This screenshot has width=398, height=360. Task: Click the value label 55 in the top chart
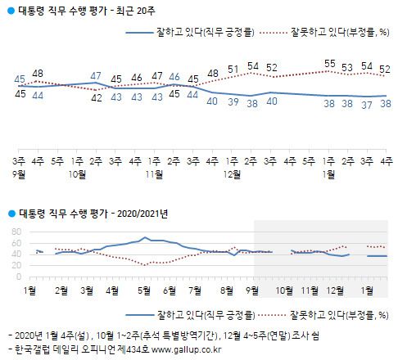[330, 63]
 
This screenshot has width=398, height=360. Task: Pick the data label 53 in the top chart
[349, 67]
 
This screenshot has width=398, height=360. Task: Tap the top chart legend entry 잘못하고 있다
[337, 34]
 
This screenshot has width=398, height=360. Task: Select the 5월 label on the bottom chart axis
[142, 290]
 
